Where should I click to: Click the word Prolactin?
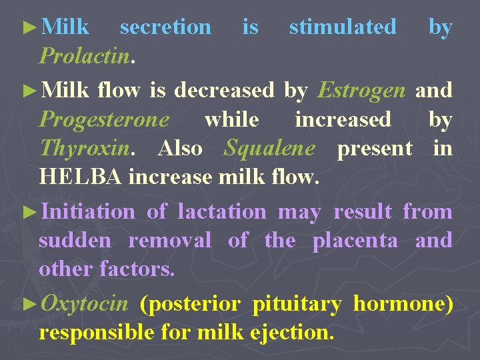pos(83,56)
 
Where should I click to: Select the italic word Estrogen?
pos(361,89)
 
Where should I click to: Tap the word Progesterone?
pos(104,119)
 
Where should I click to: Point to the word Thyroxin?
pos(83,148)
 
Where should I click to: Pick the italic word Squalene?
pos(269,148)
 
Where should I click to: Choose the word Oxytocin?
pos(84,304)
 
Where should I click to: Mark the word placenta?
pos(355,240)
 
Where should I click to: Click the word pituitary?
pos(297,304)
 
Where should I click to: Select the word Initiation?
pos(87,212)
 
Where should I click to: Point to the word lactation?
pos(223,212)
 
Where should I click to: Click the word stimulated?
pos(342,27)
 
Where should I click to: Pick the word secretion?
pos(165,27)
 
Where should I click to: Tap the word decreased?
pos(223,89)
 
